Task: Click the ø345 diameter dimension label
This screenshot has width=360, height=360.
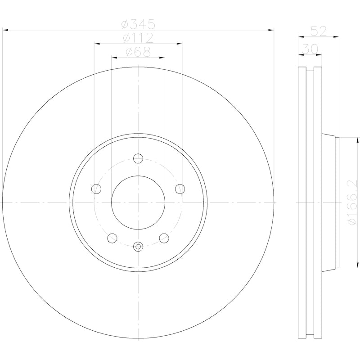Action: [138, 23]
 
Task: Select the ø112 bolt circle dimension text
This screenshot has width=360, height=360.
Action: [138, 37]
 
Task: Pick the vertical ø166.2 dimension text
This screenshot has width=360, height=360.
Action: [352, 202]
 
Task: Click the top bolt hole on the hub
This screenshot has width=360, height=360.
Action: [138, 158]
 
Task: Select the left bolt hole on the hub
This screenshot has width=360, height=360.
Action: [96, 189]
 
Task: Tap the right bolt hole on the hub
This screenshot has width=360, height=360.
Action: [180, 189]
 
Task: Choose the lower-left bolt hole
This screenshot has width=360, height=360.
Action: [112, 238]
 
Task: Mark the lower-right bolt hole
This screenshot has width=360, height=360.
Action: [164, 238]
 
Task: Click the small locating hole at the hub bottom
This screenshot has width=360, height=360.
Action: [138, 246]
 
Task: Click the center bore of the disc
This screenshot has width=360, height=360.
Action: [138, 202]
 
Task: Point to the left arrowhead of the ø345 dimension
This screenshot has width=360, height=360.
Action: [5, 30]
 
